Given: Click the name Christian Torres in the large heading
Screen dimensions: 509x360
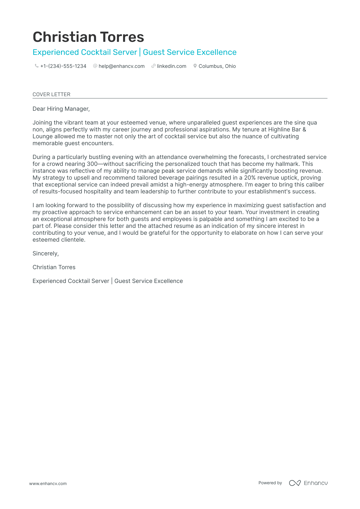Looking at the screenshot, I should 88,37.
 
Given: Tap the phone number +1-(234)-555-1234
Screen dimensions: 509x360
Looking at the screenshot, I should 63,66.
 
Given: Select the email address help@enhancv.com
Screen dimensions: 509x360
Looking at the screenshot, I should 122,66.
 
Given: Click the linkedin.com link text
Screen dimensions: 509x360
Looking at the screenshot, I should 171,66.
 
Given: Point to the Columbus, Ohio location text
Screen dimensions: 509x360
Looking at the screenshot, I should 217,66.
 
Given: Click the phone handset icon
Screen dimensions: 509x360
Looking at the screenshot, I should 37,66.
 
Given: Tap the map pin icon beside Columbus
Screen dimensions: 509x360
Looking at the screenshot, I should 195,66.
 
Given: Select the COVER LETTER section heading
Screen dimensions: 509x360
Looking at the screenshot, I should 51,94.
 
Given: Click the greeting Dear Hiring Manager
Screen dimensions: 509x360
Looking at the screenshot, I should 61,109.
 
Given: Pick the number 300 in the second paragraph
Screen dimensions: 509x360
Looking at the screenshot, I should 92,164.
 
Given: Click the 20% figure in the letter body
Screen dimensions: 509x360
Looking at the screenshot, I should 250,178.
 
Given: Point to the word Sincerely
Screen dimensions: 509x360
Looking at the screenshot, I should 45,254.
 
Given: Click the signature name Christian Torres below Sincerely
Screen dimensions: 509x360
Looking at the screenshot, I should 54,267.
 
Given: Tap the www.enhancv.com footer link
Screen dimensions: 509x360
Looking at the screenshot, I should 48,483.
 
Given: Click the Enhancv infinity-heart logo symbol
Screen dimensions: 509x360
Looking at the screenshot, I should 295,483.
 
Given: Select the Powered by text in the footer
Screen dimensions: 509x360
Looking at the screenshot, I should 270,483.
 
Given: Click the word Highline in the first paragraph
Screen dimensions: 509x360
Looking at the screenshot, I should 278,130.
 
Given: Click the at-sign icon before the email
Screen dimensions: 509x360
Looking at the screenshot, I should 95,66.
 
